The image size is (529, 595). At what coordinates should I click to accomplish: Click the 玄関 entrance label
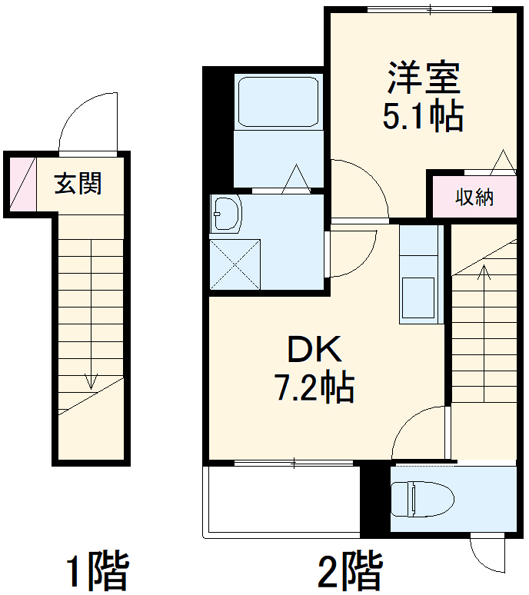[78, 184]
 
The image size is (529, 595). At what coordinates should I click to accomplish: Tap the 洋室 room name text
[422, 78]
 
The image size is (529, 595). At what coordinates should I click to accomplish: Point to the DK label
[314, 351]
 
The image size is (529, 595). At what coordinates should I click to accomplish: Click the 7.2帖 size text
[314, 389]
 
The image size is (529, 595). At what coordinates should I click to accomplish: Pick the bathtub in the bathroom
[278, 101]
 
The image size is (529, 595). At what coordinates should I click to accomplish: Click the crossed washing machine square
[235, 264]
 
